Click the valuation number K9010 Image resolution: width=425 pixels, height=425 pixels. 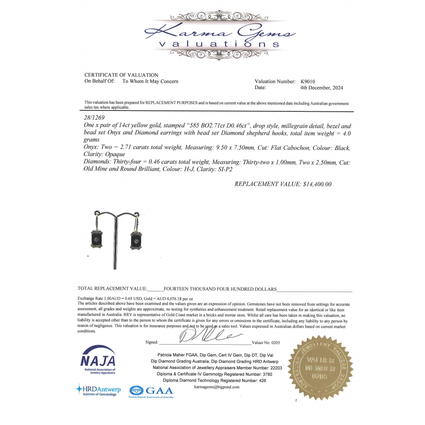(308, 81)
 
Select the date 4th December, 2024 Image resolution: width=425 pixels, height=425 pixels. (321, 88)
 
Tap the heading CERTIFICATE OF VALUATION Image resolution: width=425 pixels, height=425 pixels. (121, 75)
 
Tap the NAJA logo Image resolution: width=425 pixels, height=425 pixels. (98, 361)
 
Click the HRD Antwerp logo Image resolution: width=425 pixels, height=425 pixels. (98, 389)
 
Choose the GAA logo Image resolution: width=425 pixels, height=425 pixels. (151, 391)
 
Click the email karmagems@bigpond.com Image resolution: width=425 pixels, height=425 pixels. (216, 387)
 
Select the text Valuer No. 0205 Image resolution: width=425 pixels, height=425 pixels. (266, 342)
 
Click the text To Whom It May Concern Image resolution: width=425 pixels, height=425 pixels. (150, 81)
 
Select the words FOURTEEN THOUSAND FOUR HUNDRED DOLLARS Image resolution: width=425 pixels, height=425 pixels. (220, 289)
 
